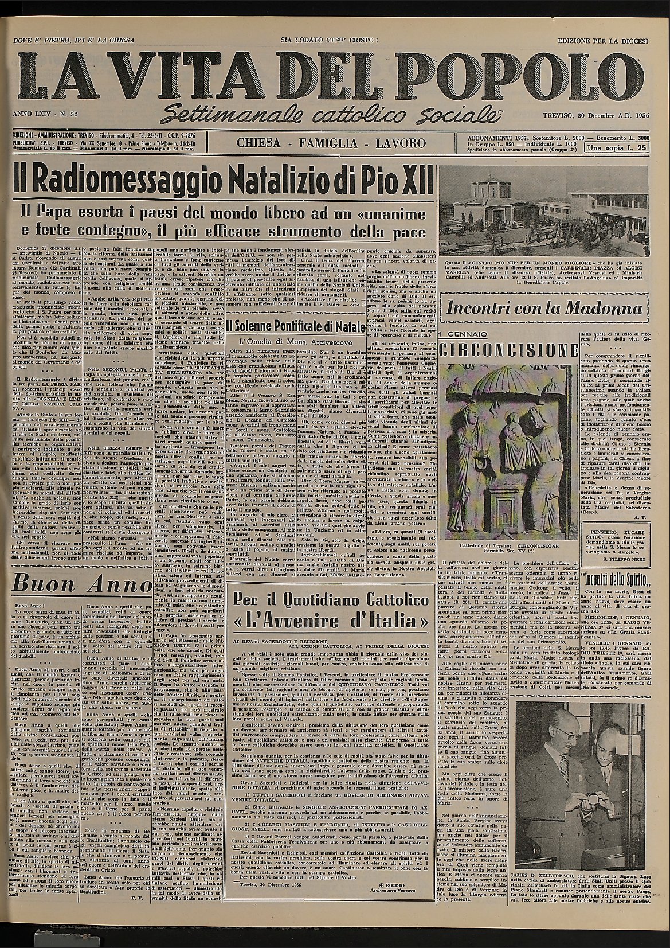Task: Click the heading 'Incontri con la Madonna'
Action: point(544,309)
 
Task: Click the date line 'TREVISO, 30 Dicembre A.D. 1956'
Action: point(596,116)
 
